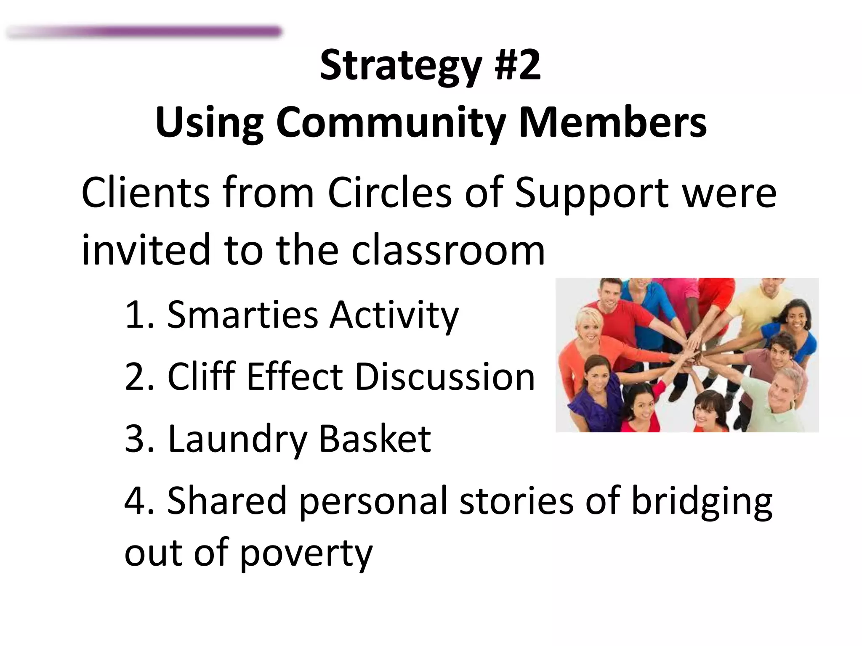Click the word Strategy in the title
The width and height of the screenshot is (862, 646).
click(400, 66)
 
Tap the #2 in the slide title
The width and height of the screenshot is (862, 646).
click(518, 65)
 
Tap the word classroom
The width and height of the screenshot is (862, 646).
click(448, 250)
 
